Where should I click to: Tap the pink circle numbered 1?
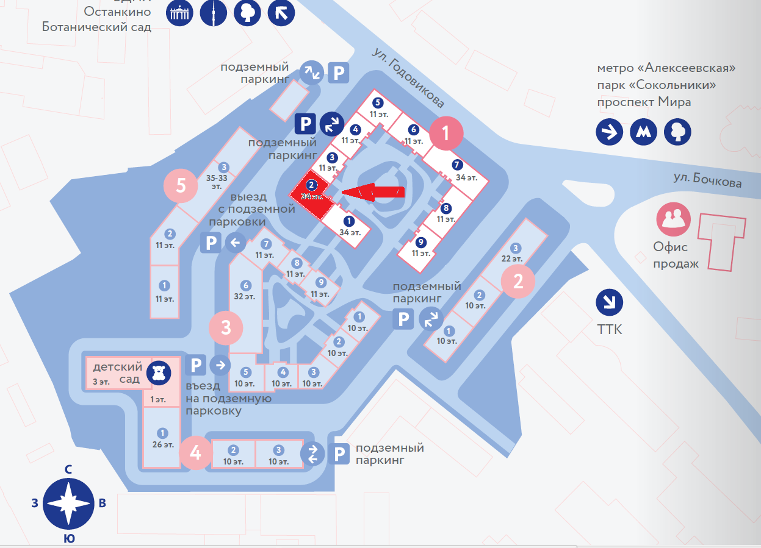click(x=447, y=133)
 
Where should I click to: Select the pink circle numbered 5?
click(x=181, y=185)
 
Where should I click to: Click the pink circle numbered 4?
click(x=195, y=452)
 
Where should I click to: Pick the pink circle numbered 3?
click(x=226, y=327)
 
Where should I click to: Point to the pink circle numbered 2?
click(x=518, y=281)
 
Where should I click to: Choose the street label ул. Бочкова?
click(x=707, y=181)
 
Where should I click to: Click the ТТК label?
click(x=609, y=330)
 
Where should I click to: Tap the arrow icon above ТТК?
click(x=609, y=302)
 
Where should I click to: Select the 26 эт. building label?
click(x=162, y=444)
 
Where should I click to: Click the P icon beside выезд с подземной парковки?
click(x=211, y=243)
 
